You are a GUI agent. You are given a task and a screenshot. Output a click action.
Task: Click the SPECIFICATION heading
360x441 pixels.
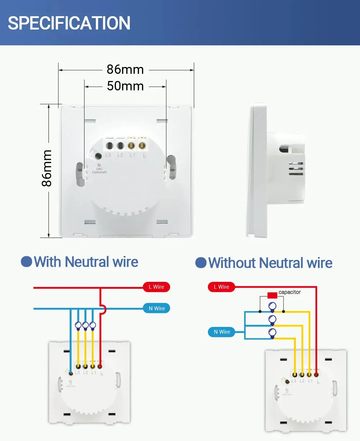[69, 23]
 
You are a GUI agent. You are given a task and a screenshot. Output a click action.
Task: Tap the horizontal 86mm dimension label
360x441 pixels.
[125, 69]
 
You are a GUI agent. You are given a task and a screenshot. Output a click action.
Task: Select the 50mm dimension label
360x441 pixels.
[125, 86]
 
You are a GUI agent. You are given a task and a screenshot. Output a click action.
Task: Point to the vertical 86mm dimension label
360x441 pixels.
[47, 168]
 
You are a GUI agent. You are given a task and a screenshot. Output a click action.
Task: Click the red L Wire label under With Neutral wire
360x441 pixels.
[156, 287]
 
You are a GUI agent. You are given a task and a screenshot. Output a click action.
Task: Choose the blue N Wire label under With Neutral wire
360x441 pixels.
[156, 309]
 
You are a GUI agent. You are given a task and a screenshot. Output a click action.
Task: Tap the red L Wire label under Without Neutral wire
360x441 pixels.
[222, 287]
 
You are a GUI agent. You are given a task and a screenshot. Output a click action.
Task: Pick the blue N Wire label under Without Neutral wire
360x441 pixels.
[222, 332]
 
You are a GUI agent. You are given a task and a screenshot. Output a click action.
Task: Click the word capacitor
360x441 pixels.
[290, 292]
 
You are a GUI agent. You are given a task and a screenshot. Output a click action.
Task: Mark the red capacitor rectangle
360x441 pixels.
[272, 295]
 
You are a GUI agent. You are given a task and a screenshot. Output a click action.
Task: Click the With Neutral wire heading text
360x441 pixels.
[86, 262]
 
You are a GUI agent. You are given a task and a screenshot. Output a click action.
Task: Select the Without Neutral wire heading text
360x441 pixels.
[270, 263]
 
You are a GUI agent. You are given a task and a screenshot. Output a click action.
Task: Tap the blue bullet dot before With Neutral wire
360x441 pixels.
[26, 262]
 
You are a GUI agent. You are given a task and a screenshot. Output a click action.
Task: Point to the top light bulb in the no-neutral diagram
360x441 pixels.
[272, 307]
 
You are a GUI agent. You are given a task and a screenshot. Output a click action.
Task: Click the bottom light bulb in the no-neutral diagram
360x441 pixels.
[272, 333]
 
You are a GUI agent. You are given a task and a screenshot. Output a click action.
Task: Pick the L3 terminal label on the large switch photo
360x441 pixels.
[108, 155]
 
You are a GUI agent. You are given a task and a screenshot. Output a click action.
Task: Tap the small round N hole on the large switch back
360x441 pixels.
[97, 156]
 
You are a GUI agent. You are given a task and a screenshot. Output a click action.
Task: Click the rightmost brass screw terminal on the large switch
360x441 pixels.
[142, 146]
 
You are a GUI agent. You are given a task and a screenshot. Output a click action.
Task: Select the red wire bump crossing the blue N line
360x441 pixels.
[103, 309]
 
